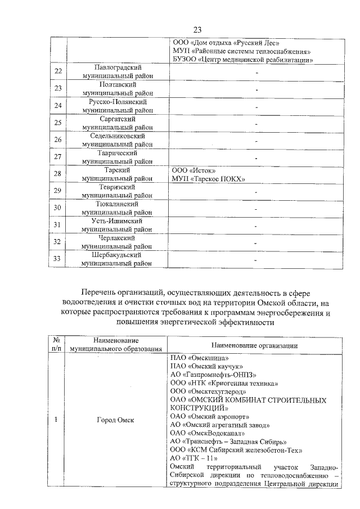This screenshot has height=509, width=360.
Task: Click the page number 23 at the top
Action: (x=197, y=30)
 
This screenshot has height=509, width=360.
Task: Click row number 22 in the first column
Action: (x=57, y=71)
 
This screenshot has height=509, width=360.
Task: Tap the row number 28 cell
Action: (x=57, y=174)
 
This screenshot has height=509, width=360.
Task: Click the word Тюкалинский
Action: (x=117, y=205)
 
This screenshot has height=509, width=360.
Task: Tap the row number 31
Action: (x=57, y=225)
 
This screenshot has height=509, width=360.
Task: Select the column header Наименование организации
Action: (x=255, y=345)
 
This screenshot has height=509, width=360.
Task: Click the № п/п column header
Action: (x=57, y=345)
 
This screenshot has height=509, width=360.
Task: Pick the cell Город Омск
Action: (x=117, y=420)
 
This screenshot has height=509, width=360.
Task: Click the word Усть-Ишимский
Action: (x=117, y=221)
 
